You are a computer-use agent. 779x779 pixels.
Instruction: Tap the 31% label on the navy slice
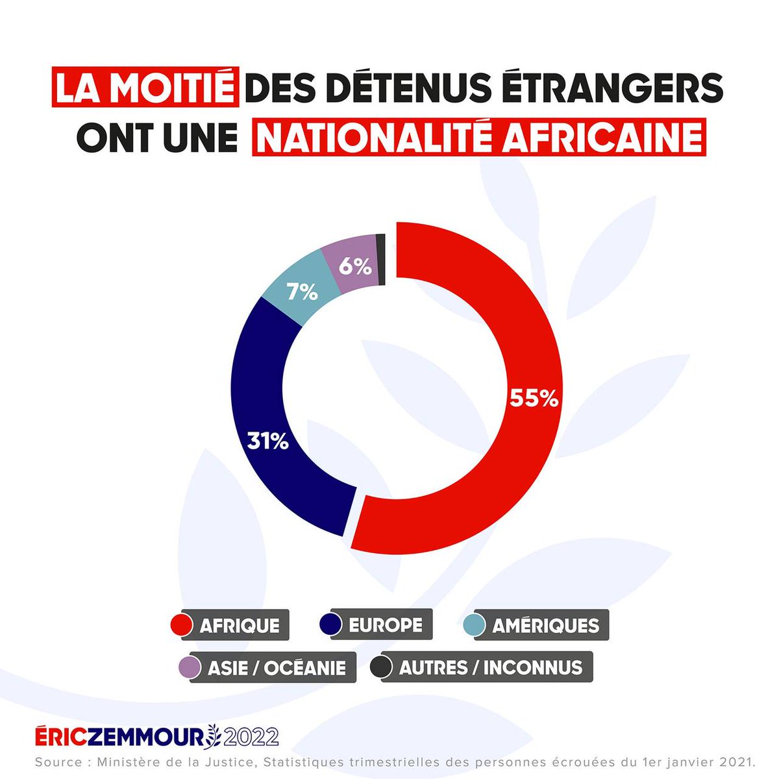click(x=267, y=441)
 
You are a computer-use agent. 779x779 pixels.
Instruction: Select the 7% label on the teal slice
click(x=302, y=293)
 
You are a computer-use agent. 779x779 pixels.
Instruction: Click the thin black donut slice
click(x=382, y=259)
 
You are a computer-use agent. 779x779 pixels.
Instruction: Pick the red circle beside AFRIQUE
click(x=180, y=625)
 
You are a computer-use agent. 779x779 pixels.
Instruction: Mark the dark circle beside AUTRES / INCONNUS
click(x=380, y=667)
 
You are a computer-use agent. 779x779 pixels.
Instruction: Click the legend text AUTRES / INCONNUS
click(x=490, y=667)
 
